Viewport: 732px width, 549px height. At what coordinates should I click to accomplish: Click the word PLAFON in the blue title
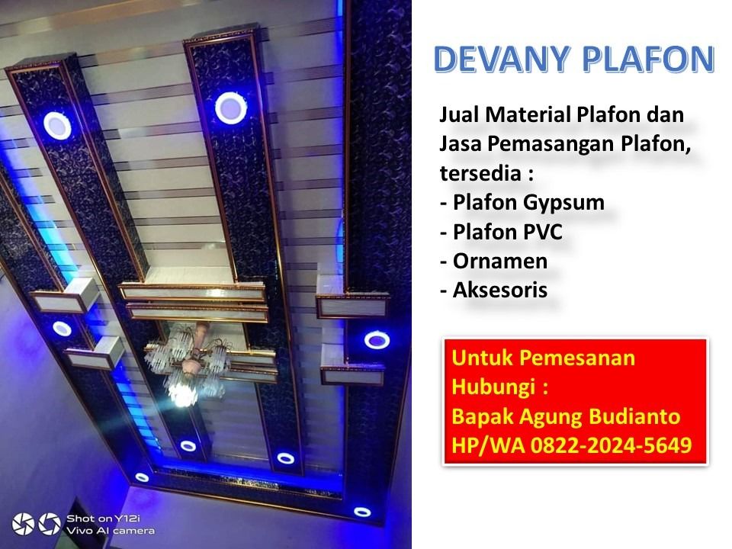click(648, 59)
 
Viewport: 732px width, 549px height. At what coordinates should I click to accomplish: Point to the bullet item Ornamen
click(493, 261)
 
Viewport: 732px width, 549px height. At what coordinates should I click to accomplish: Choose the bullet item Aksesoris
click(493, 290)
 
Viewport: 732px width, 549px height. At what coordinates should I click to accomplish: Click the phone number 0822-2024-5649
click(611, 445)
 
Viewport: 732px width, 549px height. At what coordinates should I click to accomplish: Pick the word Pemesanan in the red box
click(577, 358)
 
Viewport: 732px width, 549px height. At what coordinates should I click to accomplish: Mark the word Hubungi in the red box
click(493, 387)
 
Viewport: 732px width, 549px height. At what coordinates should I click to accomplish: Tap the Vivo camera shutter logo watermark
click(37, 524)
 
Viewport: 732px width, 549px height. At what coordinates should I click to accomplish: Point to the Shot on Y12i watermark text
click(103, 518)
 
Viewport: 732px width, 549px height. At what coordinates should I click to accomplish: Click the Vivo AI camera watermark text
click(110, 531)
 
